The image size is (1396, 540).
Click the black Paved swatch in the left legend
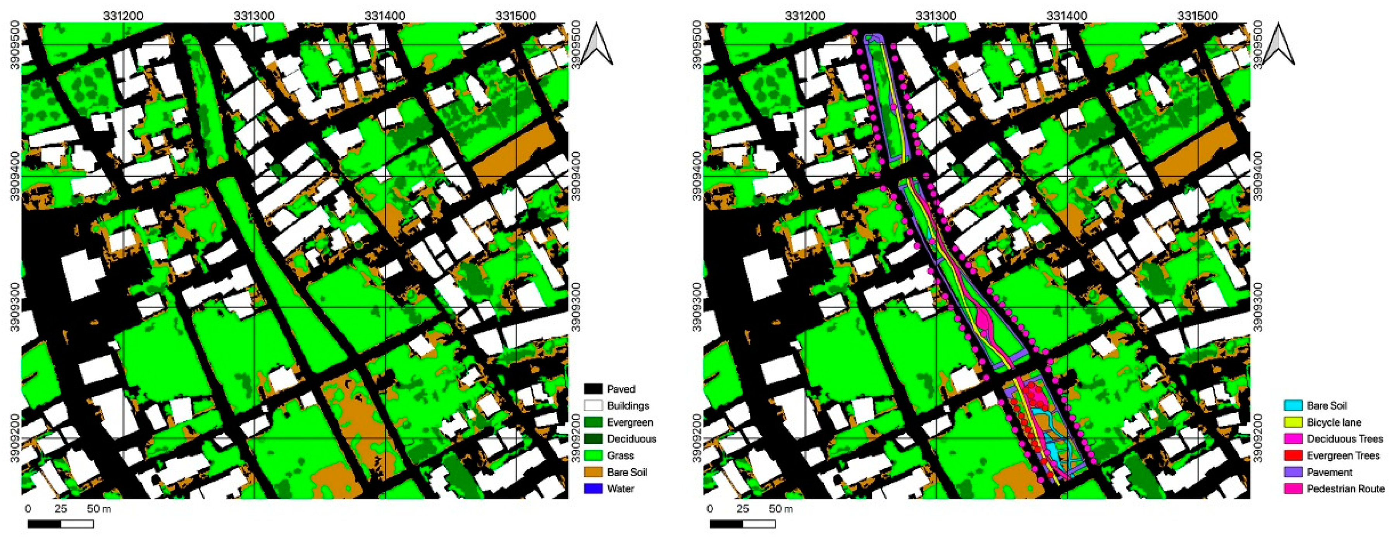594,389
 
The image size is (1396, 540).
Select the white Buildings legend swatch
594,405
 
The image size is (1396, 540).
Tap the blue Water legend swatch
594,488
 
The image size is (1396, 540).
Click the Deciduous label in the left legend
631,438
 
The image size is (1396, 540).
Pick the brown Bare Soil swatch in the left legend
594,472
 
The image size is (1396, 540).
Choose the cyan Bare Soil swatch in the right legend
1293,405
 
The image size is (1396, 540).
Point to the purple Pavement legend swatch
1293,472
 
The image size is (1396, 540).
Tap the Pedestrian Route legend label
1345,488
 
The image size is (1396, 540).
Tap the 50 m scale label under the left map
99,509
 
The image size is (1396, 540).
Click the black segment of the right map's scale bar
726,524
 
